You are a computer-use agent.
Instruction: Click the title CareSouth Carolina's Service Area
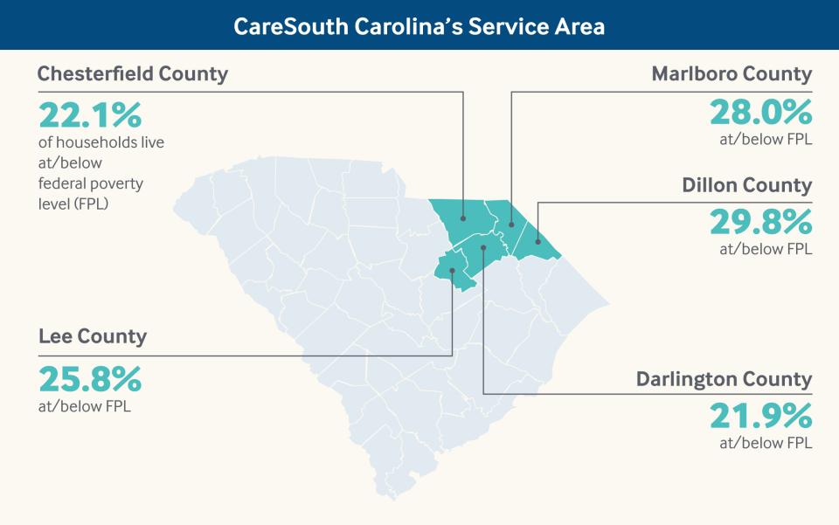[419, 26]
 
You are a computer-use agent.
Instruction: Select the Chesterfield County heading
[132, 73]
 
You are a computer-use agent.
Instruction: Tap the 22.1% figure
[89, 114]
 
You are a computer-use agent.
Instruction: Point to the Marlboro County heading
[732, 73]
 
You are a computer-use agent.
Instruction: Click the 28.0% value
[760, 113]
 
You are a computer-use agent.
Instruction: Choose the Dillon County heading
[746, 185]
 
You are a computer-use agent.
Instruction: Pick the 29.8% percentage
[760, 224]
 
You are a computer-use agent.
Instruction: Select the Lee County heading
[93, 336]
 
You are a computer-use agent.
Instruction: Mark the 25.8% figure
[89, 379]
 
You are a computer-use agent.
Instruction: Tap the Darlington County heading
[724, 379]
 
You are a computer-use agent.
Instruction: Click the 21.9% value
[760, 417]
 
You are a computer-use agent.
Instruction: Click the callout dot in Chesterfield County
[463, 218]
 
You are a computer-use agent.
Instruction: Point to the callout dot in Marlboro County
[511, 224]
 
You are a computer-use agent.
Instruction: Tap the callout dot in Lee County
[452, 271]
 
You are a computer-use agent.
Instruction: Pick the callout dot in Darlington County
[483, 250]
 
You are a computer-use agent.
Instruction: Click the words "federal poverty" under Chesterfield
[90, 183]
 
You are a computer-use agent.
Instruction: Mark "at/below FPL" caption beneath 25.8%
[85, 406]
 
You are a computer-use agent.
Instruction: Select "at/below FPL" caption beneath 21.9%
[766, 443]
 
